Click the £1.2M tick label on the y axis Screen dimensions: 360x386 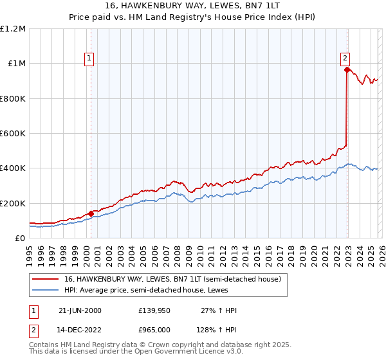tap(13, 28)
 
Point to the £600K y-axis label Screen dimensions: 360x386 tap(13, 133)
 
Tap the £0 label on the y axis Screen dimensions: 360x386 tap(21, 238)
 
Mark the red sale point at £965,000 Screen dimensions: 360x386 tap(347, 69)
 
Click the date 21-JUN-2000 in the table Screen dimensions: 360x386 tap(80, 310)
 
